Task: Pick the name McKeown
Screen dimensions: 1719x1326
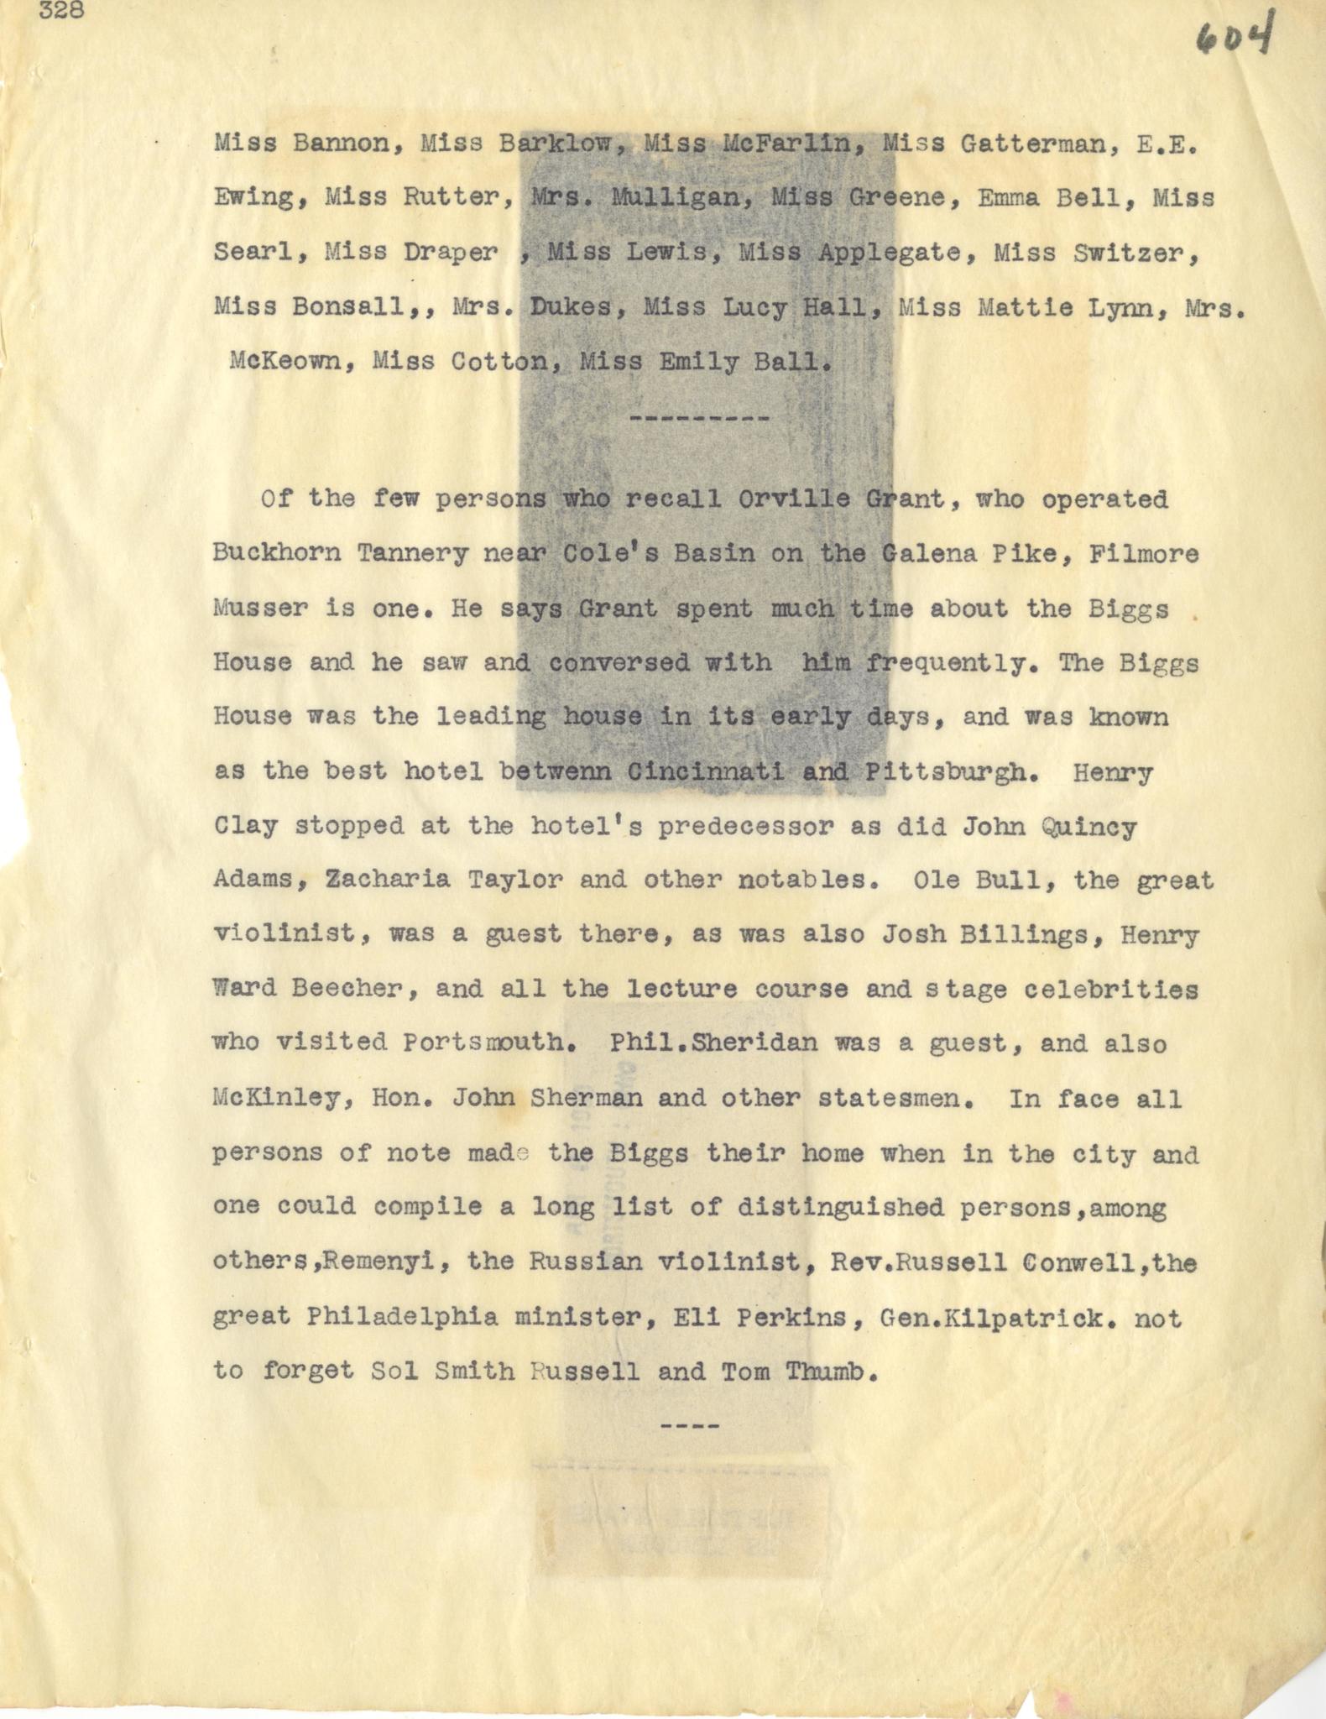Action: (x=285, y=362)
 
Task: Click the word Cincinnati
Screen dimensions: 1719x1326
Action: (x=706, y=772)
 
